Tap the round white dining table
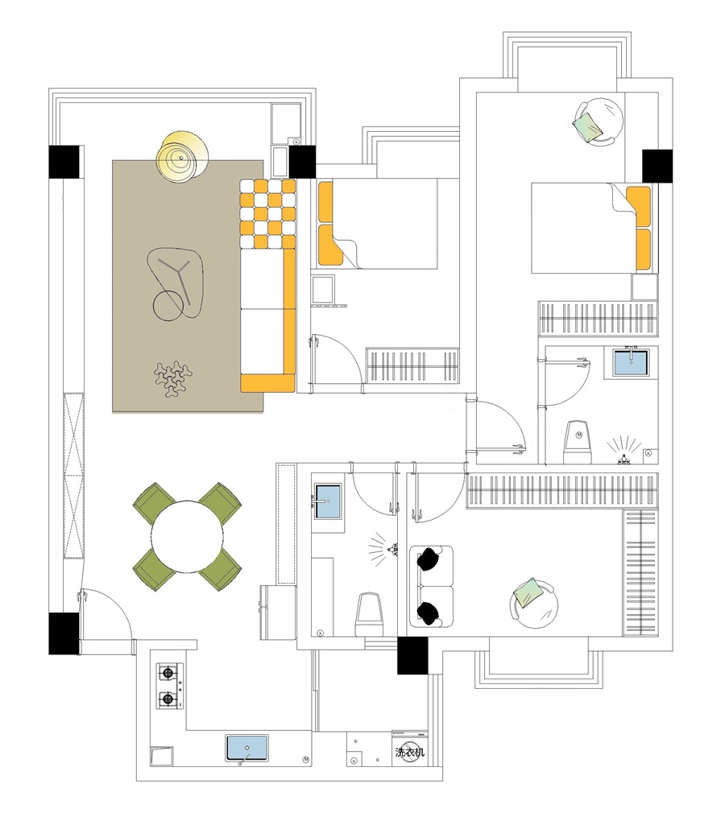pyautogui.click(x=187, y=537)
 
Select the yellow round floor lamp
pyautogui.click(x=183, y=157)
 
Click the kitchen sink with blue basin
pyautogui.click(x=246, y=748)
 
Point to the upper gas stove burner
pyautogui.click(x=168, y=672)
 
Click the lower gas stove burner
pyautogui.click(x=168, y=698)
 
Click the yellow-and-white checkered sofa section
pyautogui.click(x=267, y=213)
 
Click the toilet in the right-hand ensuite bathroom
pyautogui.click(x=578, y=441)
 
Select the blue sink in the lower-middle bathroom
pyautogui.click(x=327, y=501)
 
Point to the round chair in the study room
pyautogui.click(x=534, y=603)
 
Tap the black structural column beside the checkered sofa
pyautogui.click(x=302, y=162)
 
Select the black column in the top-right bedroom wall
pyautogui.click(x=657, y=166)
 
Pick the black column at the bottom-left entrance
pyautogui.click(x=64, y=633)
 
